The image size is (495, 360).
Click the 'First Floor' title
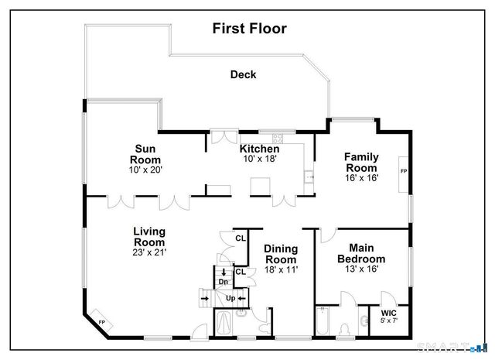coord(249,29)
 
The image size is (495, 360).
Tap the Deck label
coord(243,75)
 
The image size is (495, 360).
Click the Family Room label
coord(361,162)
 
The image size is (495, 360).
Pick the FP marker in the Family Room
coord(404,170)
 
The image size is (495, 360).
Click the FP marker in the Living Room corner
coord(101,323)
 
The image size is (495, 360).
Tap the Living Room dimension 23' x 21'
coord(148,252)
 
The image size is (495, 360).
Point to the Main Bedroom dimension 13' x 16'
coord(361,270)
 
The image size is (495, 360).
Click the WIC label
coord(388,314)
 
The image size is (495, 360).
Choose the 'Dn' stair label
coord(223,283)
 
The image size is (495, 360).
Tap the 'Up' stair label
coord(230,298)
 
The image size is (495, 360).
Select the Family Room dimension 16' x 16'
coord(361,177)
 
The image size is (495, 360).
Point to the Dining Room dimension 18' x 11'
coord(280,269)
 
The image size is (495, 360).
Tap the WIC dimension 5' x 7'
coord(388,321)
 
